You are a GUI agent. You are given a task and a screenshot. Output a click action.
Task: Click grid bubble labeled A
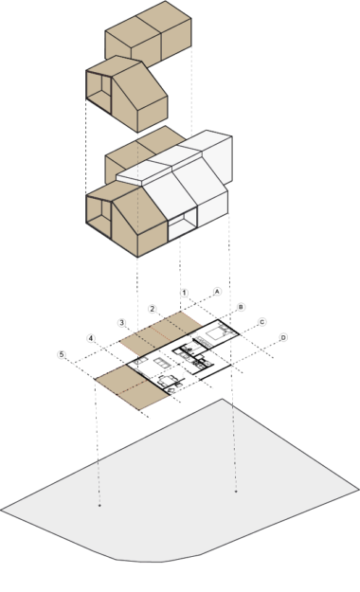217,292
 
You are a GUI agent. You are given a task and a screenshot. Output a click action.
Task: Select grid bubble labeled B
241,307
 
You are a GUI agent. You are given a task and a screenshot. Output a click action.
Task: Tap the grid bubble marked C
261,322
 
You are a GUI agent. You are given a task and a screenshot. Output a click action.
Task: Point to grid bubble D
283,337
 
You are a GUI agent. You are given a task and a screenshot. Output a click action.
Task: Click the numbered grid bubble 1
184,293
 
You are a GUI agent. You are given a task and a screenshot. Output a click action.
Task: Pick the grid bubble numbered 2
153,309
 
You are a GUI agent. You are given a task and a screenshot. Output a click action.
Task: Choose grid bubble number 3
121,323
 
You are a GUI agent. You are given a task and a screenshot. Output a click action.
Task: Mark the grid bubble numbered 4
91,338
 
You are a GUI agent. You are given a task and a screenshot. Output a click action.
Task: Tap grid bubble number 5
62,355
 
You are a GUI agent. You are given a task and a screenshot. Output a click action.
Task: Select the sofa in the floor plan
162,363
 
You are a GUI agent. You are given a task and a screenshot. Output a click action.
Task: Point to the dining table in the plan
167,380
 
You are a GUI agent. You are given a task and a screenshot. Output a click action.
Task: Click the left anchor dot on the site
99,505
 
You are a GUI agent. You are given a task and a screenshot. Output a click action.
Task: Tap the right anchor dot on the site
236,492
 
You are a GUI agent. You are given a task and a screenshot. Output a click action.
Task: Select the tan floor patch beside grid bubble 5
131,387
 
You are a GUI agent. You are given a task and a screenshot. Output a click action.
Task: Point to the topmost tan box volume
149,35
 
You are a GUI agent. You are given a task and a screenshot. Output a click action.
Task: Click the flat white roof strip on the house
158,167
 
